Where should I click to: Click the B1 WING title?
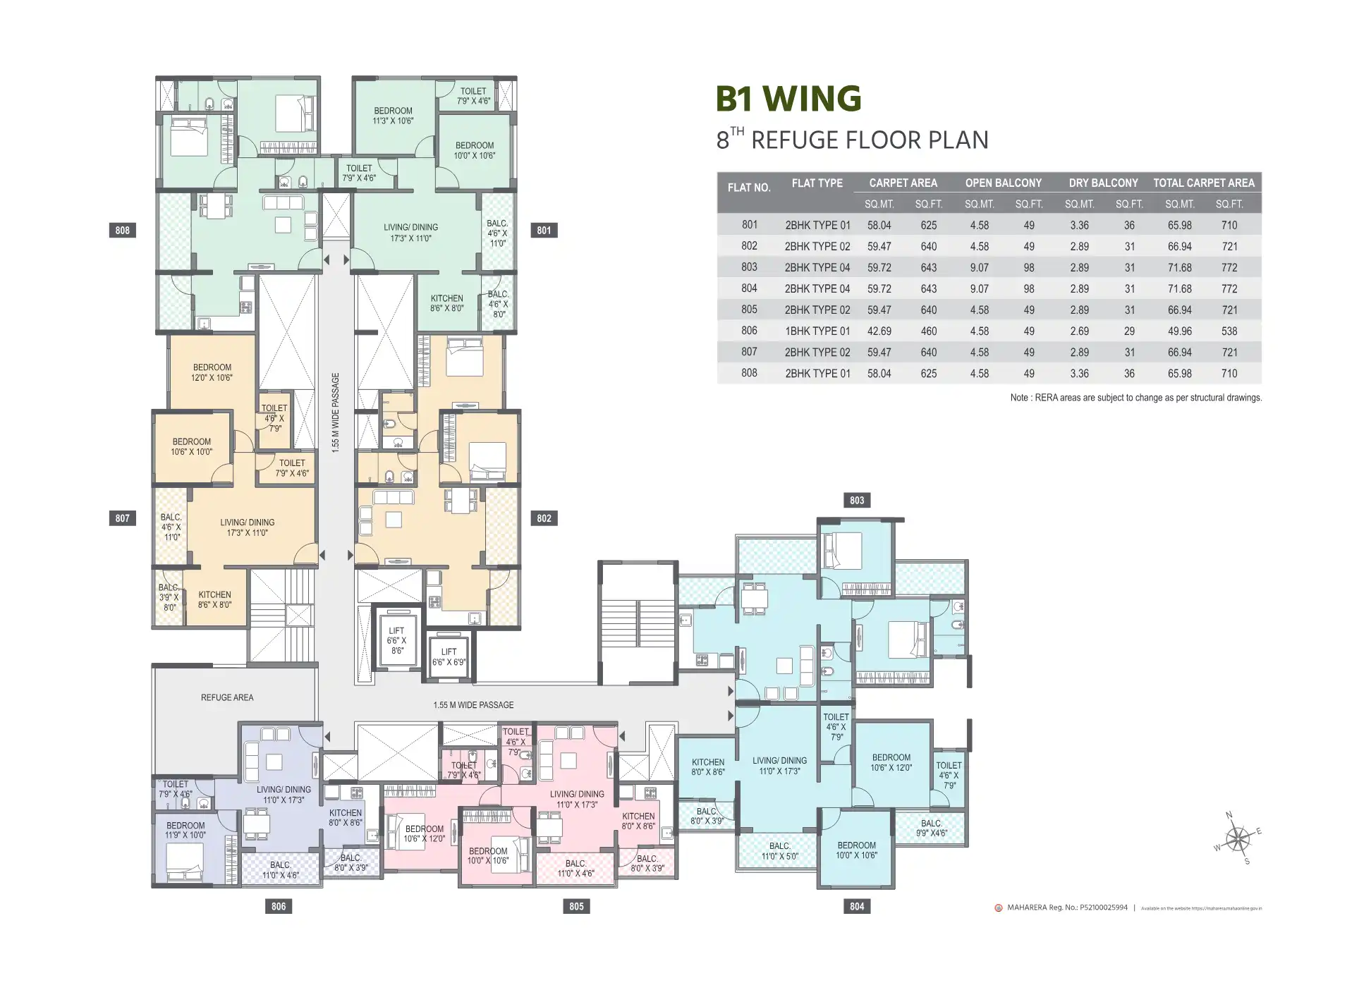(788, 99)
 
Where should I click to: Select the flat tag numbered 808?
(122, 231)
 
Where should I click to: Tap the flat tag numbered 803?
(856, 501)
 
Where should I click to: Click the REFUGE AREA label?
(226, 697)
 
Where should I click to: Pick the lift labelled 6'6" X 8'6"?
(396, 641)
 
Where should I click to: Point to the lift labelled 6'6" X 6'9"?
(449, 657)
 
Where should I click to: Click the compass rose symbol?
(1237, 840)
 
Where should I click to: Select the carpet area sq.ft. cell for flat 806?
(928, 331)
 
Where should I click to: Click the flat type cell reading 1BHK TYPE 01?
(817, 331)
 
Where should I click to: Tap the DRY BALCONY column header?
(1103, 183)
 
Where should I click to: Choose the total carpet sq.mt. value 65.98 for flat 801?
(1179, 226)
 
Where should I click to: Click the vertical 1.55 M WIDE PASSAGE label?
(336, 412)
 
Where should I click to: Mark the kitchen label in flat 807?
(214, 599)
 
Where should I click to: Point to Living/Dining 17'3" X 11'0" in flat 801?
(410, 233)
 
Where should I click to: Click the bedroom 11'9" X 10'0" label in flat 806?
(185, 830)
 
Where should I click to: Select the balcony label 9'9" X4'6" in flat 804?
(931, 828)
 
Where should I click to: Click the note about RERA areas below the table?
(1135, 398)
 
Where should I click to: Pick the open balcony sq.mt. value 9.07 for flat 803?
(979, 268)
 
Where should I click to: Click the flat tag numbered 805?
(576, 906)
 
